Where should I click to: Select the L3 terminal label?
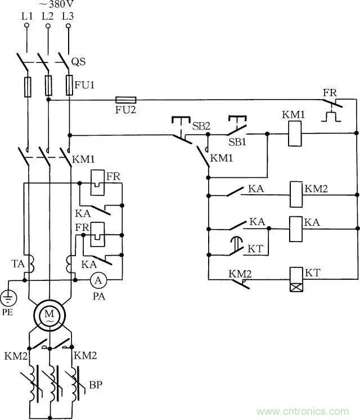[67, 16]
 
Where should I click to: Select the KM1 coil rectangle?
[293, 134]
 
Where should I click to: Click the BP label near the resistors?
[95, 387]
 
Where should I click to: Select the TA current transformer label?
[17, 263]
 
